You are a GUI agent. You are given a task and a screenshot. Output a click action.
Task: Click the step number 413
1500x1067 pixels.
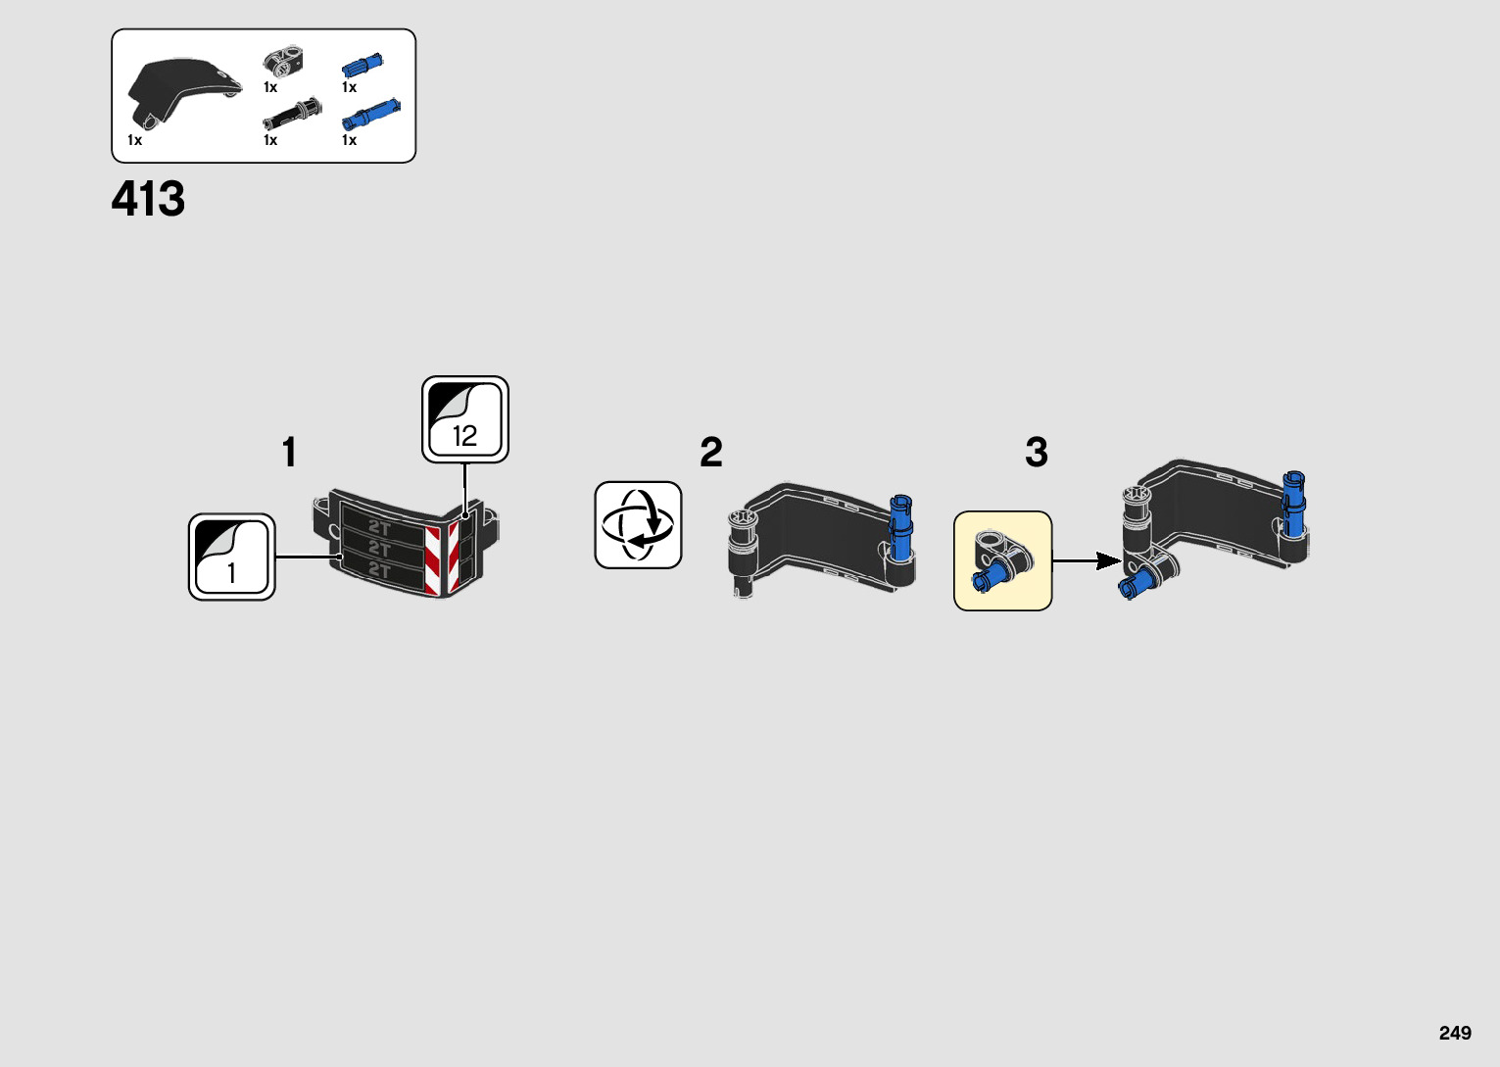148,199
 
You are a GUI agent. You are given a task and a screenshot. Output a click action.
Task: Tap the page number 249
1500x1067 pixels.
1455,1033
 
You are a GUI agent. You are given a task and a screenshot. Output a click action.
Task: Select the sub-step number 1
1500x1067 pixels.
289,453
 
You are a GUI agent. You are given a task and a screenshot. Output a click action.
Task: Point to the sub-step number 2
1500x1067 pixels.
711,453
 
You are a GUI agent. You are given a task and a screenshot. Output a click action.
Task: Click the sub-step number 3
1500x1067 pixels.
1037,453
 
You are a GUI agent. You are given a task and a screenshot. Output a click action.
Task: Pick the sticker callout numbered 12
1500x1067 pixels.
465,419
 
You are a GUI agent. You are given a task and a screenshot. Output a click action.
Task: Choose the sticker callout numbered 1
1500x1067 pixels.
232,557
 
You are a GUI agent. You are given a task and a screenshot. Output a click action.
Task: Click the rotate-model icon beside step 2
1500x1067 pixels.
638,525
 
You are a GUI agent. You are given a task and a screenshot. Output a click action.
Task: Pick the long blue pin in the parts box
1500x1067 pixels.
370,116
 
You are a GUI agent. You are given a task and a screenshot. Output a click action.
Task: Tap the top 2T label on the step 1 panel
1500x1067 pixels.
379,527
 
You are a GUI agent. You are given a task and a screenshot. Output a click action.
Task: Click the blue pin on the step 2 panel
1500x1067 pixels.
900,529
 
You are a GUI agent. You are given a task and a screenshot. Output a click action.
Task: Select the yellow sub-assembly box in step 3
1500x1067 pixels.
1002,560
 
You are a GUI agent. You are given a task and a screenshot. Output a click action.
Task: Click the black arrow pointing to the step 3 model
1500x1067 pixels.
1088,560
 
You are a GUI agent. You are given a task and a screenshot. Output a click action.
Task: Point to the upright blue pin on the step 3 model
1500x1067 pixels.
1294,504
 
